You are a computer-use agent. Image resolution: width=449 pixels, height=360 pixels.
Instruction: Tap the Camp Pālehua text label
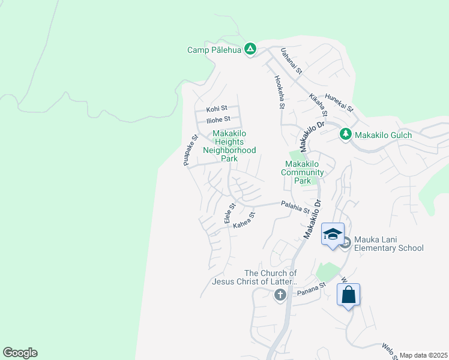click(x=214, y=50)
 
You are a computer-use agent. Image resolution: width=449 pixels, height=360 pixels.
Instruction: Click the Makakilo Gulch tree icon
click(x=345, y=134)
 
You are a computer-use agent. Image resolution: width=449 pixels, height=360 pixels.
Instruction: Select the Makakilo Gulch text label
click(x=384, y=135)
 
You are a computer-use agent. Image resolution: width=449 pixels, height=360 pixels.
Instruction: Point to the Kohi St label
click(x=217, y=109)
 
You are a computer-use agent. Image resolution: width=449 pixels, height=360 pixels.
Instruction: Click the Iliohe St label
click(x=218, y=119)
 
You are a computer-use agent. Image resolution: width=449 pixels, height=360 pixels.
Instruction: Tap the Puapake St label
click(x=190, y=150)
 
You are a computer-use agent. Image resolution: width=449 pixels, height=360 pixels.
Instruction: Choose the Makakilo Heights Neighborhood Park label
click(x=229, y=146)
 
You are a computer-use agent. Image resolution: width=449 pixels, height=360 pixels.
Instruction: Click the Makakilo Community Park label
click(x=305, y=172)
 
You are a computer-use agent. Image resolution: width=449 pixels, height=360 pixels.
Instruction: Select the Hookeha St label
click(x=279, y=91)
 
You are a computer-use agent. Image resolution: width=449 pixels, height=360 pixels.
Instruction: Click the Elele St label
click(x=229, y=213)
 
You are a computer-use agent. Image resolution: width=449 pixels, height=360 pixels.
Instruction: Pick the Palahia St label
click(x=295, y=208)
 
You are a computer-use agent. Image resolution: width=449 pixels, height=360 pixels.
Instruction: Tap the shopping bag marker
click(x=349, y=295)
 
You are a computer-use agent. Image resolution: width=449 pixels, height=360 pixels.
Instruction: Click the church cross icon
click(x=280, y=295)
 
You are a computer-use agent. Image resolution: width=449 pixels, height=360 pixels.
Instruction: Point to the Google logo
click(x=20, y=353)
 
